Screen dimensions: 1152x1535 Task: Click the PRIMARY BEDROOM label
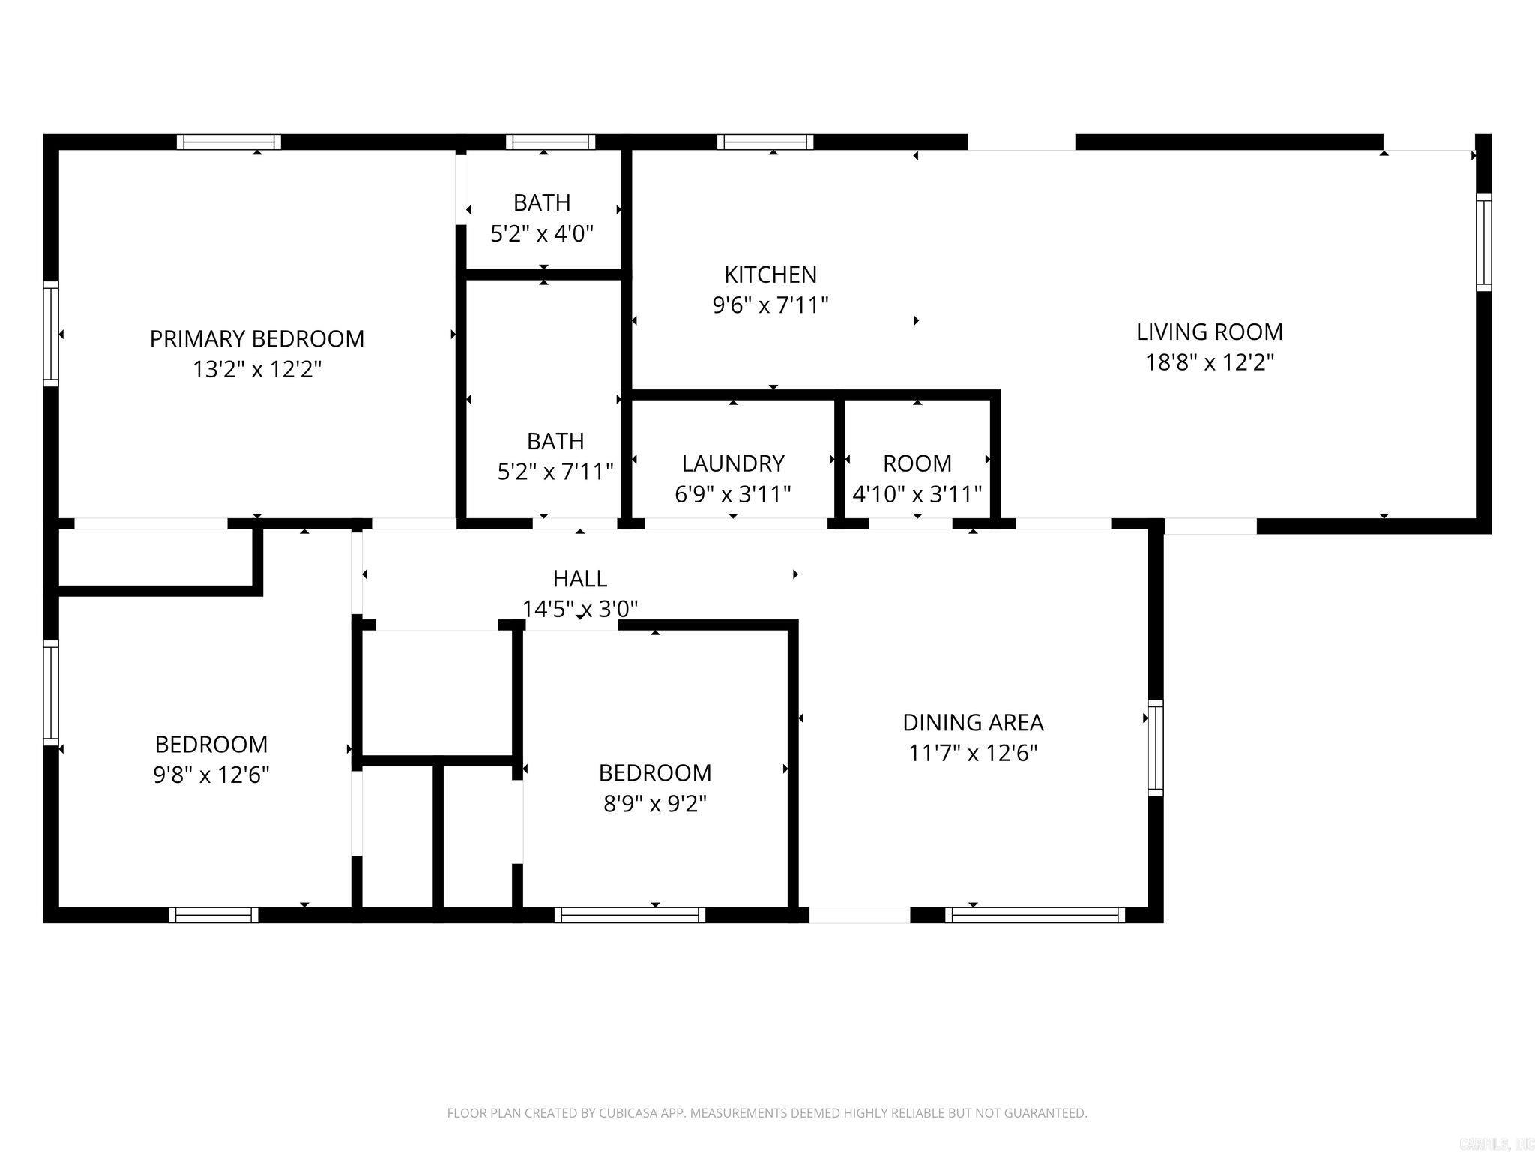click(x=256, y=339)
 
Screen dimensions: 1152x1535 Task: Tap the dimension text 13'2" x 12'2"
click(x=256, y=370)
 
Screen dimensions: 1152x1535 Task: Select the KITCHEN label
click(x=770, y=274)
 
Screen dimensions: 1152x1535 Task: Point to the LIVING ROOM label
click(x=1209, y=331)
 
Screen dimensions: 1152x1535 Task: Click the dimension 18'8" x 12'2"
click(x=1209, y=363)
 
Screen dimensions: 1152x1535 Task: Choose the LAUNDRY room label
click(x=732, y=463)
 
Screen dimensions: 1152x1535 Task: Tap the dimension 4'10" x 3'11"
click(x=917, y=494)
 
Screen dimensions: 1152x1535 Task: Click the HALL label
click(x=579, y=579)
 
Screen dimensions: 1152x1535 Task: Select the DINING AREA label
click(x=972, y=723)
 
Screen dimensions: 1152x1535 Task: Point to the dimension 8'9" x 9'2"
click(x=654, y=804)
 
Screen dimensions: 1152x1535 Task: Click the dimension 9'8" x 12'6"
click(x=211, y=775)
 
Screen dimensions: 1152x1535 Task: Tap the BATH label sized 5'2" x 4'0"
click(x=541, y=203)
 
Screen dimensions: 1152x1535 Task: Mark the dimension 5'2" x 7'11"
click(x=555, y=472)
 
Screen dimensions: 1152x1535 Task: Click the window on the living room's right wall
click(x=1483, y=242)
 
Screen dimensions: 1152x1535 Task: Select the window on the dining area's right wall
click(x=1155, y=748)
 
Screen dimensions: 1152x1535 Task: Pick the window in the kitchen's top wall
click(x=765, y=142)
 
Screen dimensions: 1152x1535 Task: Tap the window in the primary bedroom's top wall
click(x=229, y=142)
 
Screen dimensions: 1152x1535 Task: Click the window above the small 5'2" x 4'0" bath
click(x=550, y=142)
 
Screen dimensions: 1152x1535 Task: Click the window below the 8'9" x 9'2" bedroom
click(x=630, y=914)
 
